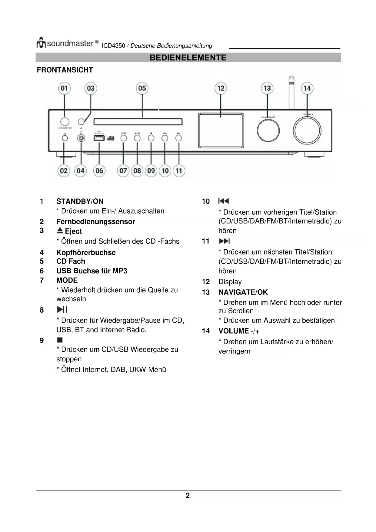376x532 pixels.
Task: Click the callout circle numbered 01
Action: pos(64,88)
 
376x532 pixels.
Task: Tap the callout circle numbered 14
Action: pos(307,88)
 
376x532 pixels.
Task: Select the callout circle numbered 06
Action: pos(99,170)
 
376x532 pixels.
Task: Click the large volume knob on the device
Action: pos(307,131)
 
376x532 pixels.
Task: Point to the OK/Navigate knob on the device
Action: pos(268,131)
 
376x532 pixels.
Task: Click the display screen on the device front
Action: pos(221,130)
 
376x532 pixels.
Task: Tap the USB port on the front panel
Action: pos(99,138)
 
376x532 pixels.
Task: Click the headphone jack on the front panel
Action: pos(81,138)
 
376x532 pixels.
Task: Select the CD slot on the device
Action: pos(138,122)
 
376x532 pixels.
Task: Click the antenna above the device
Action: pos(291,91)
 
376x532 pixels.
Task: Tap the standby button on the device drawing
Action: pos(65,122)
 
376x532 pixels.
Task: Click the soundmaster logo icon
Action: pos(41,43)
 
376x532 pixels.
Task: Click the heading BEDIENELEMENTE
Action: pos(188,58)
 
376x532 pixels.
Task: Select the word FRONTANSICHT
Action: pos(65,70)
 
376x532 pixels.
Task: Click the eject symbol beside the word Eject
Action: pos(60,231)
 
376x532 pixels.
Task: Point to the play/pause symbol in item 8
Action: pos(62,309)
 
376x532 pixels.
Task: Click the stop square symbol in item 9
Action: pos(60,340)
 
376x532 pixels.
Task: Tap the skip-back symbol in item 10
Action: pos(224,201)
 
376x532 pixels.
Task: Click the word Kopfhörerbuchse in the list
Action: pos(86,253)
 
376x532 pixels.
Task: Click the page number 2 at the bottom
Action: pos(188,496)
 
